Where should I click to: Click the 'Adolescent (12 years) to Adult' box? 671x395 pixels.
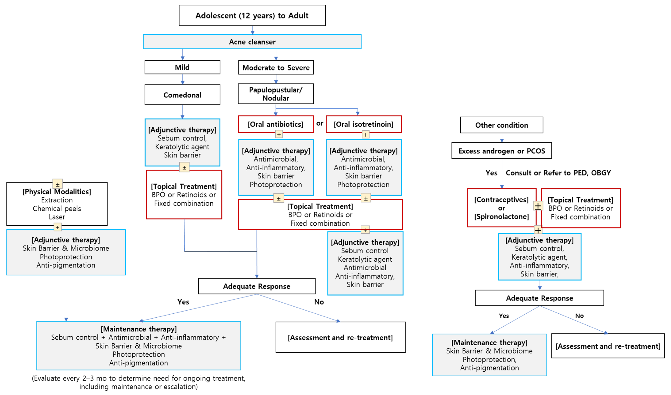point(252,15)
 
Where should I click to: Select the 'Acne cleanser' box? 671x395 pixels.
point(252,42)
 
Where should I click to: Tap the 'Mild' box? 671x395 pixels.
point(182,67)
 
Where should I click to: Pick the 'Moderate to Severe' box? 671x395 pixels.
point(276,68)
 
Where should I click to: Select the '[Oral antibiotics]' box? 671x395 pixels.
point(276,124)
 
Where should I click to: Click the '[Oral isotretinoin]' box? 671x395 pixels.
point(363,124)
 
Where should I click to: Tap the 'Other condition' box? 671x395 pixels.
point(501,125)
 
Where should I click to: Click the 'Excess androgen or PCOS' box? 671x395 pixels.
point(501,151)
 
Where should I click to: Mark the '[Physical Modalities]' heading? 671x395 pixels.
point(57,192)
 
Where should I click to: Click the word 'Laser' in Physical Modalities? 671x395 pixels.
point(57,217)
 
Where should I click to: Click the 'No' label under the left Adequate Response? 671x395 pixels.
point(319,302)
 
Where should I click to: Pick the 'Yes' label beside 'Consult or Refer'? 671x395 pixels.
point(491,173)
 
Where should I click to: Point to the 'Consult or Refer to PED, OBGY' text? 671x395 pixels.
point(558,173)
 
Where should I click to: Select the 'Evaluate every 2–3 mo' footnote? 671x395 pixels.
point(138,382)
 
